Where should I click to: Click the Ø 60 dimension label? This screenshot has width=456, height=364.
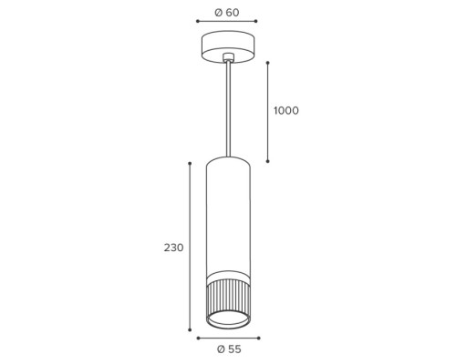(227, 13)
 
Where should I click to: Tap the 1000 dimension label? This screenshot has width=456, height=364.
(286, 111)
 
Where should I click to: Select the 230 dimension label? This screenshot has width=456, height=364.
(174, 248)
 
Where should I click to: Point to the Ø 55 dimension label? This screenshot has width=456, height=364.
(229, 349)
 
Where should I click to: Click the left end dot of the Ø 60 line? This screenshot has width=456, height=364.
(197, 21)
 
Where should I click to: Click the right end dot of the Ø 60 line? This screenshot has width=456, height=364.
(256, 21)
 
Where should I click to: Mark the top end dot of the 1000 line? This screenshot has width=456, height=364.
(268, 63)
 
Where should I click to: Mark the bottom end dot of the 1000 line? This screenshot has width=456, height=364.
(268, 161)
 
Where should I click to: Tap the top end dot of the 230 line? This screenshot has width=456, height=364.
(190, 164)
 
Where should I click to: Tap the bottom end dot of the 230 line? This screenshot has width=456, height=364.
(190, 329)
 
